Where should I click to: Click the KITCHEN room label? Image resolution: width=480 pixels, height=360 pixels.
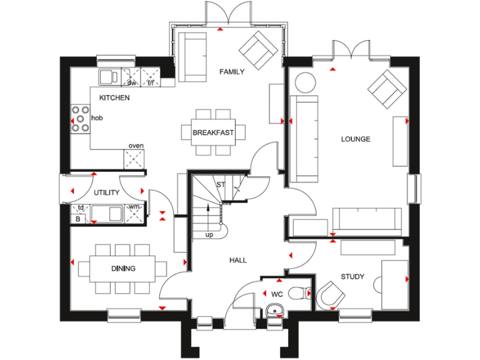click(x=114, y=98)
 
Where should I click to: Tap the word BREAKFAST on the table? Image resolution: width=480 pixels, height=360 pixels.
click(x=213, y=132)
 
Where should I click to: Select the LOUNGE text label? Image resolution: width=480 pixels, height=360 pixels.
click(x=355, y=139)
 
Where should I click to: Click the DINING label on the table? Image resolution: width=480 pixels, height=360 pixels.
click(x=124, y=269)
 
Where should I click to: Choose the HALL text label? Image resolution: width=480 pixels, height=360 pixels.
click(x=237, y=260)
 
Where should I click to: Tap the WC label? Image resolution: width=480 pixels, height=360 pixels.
click(x=277, y=293)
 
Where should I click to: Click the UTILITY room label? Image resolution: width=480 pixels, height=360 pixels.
click(x=107, y=193)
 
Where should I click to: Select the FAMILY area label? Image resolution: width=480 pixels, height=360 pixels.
click(x=232, y=72)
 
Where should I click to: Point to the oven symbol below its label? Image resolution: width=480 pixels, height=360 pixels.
click(x=136, y=159)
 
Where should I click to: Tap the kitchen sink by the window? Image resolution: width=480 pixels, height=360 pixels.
click(x=109, y=76)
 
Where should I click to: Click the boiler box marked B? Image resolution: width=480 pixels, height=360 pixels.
click(x=79, y=219)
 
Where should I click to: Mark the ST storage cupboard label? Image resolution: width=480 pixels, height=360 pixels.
click(x=220, y=185)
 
